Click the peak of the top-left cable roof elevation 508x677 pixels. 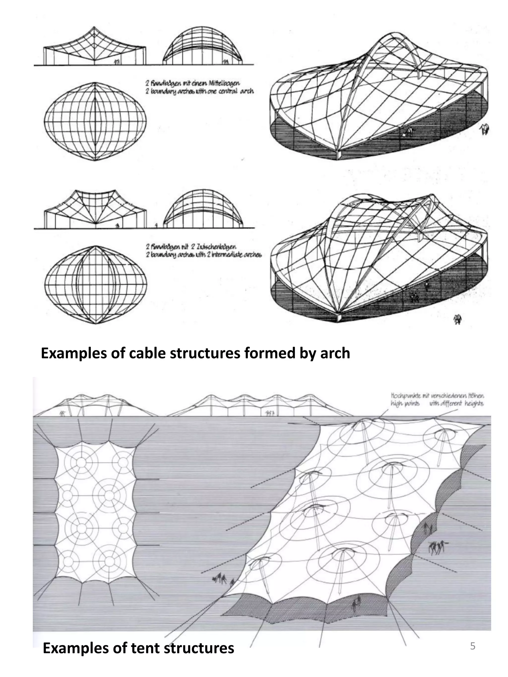pos(94,28)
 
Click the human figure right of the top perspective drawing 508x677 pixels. pos(484,129)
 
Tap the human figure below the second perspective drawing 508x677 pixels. pos(457,320)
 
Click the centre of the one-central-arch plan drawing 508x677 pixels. pos(95,121)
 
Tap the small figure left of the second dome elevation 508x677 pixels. pos(157,225)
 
